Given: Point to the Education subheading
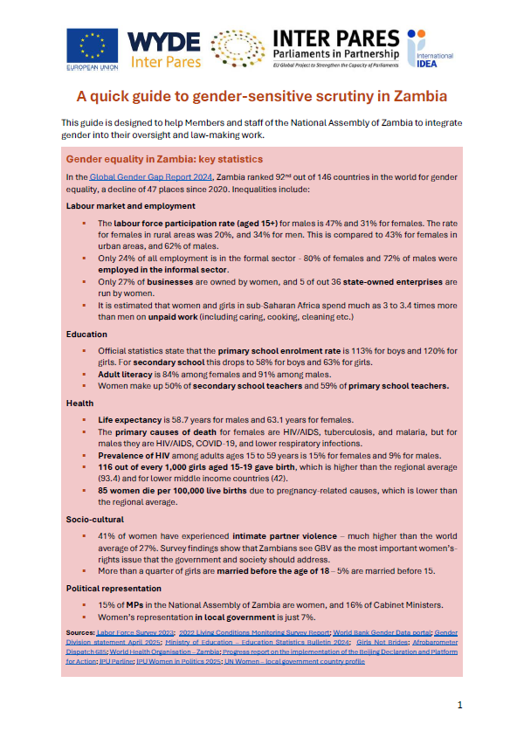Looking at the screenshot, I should click(x=86, y=334).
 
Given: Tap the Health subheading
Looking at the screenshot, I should click(x=79, y=403).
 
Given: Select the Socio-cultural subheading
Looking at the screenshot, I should click(x=94, y=518).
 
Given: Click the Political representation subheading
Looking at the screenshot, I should click(x=113, y=588).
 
